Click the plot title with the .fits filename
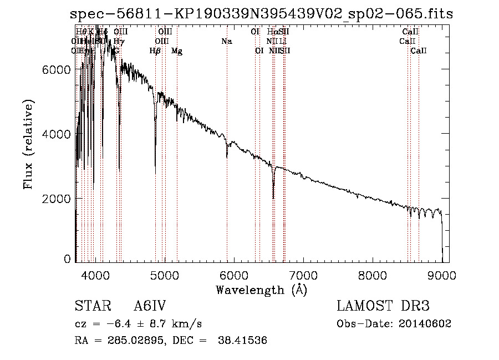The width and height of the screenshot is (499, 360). coord(261,14)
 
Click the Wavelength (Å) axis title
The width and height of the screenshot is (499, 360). coord(261,290)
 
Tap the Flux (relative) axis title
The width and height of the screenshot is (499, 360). coord(28,144)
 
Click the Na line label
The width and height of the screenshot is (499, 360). coord(226,41)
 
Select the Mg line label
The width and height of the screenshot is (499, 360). coord(177,51)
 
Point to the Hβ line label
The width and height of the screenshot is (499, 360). coord(155,51)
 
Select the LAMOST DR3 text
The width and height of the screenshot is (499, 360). coord(383,306)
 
